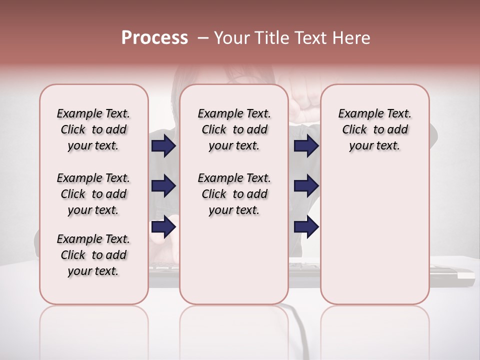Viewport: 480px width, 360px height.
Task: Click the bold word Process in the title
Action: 154,37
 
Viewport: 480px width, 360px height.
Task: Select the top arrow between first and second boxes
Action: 163,146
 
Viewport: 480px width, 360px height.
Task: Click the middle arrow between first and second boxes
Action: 163,186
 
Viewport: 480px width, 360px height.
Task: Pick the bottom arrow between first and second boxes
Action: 163,226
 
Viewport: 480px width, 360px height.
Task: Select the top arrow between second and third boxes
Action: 306,146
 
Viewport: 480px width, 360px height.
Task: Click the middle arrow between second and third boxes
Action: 306,186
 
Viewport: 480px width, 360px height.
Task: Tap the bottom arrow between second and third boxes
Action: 306,226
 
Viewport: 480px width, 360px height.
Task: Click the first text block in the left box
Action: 93,129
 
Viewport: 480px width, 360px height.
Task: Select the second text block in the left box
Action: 93,194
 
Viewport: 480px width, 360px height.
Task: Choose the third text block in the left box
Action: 93,255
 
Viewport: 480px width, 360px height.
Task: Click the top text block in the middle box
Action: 234,129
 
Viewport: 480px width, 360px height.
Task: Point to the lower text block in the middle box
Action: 234,194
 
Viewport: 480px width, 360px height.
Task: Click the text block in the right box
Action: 374,129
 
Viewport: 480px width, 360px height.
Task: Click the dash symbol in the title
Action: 203,38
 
